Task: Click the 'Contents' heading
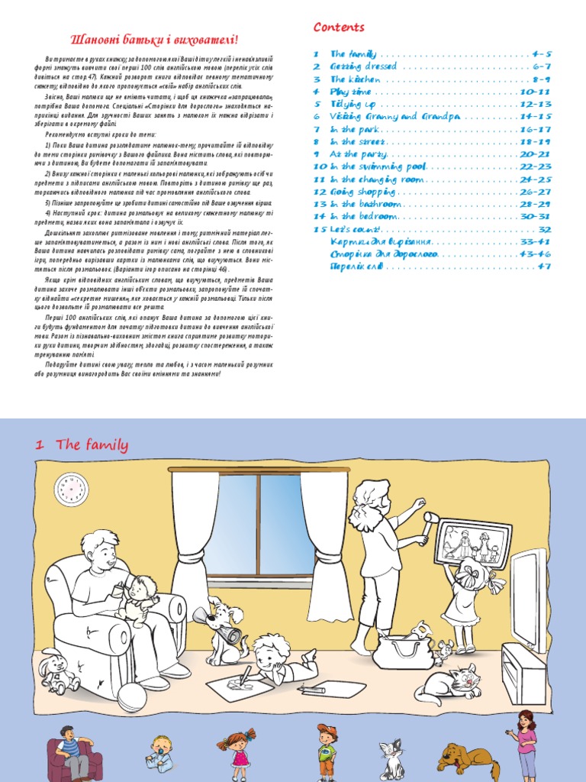[339, 27]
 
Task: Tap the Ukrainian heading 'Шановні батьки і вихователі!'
[154, 39]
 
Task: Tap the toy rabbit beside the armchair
[58, 670]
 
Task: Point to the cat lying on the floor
[449, 683]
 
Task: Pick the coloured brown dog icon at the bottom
[468, 758]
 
